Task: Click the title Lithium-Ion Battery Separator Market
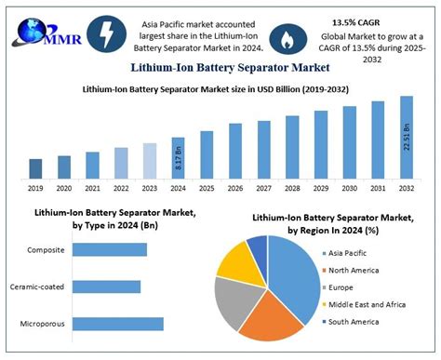(x=220, y=67)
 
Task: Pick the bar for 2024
(x=179, y=157)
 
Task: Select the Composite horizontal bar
(x=110, y=249)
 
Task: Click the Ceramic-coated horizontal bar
(x=106, y=287)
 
